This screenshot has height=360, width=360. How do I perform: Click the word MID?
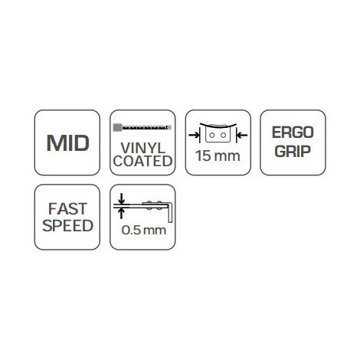click(68, 143)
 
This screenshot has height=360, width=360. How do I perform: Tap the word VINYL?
click(142, 148)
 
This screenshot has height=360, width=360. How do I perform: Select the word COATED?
click(142, 161)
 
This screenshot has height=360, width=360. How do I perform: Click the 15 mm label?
click(218, 155)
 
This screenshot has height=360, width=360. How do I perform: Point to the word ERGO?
click(293, 133)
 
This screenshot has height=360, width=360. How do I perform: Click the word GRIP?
click(293, 151)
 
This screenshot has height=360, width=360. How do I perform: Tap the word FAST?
click(67, 209)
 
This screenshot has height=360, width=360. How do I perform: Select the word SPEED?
click(67, 226)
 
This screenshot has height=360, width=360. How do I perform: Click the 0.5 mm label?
click(144, 230)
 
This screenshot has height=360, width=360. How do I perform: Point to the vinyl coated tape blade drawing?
click(142, 127)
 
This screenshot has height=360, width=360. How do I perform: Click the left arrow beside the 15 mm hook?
click(195, 135)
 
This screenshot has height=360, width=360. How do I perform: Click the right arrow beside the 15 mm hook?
click(241, 135)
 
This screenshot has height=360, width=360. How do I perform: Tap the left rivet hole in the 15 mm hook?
click(212, 135)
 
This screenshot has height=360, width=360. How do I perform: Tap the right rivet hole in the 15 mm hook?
click(224, 135)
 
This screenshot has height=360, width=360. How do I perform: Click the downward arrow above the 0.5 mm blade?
click(121, 198)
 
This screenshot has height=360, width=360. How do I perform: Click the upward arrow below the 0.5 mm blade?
click(121, 214)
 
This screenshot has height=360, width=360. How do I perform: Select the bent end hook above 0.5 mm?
click(170, 212)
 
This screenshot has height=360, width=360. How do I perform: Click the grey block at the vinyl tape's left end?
click(117, 127)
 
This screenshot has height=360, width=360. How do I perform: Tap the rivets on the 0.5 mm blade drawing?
click(154, 205)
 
